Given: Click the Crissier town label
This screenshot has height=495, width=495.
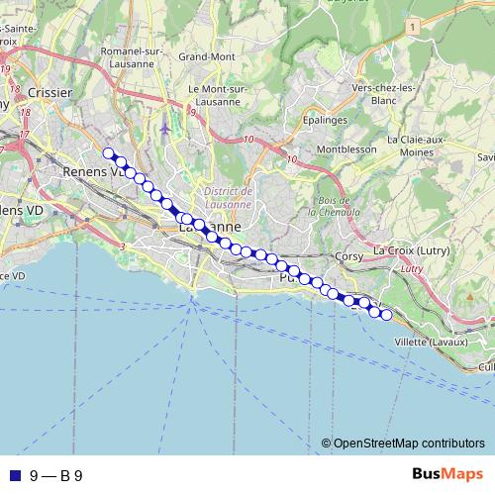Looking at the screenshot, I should click(51, 92).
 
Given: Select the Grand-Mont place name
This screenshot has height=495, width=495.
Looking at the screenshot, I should click(206, 56).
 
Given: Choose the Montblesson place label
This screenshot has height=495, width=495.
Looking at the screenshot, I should click(340, 149).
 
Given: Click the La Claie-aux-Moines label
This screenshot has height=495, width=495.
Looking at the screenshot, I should click(419, 146).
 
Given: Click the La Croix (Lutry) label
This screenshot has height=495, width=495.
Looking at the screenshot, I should click(413, 250).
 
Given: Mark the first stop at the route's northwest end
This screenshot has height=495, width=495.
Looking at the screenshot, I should click(109, 152).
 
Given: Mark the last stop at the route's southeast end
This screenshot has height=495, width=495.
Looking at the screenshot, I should click(386, 316).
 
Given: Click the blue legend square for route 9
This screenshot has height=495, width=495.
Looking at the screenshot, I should click(14, 475).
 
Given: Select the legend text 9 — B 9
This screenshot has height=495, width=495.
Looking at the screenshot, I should click(56, 475).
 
